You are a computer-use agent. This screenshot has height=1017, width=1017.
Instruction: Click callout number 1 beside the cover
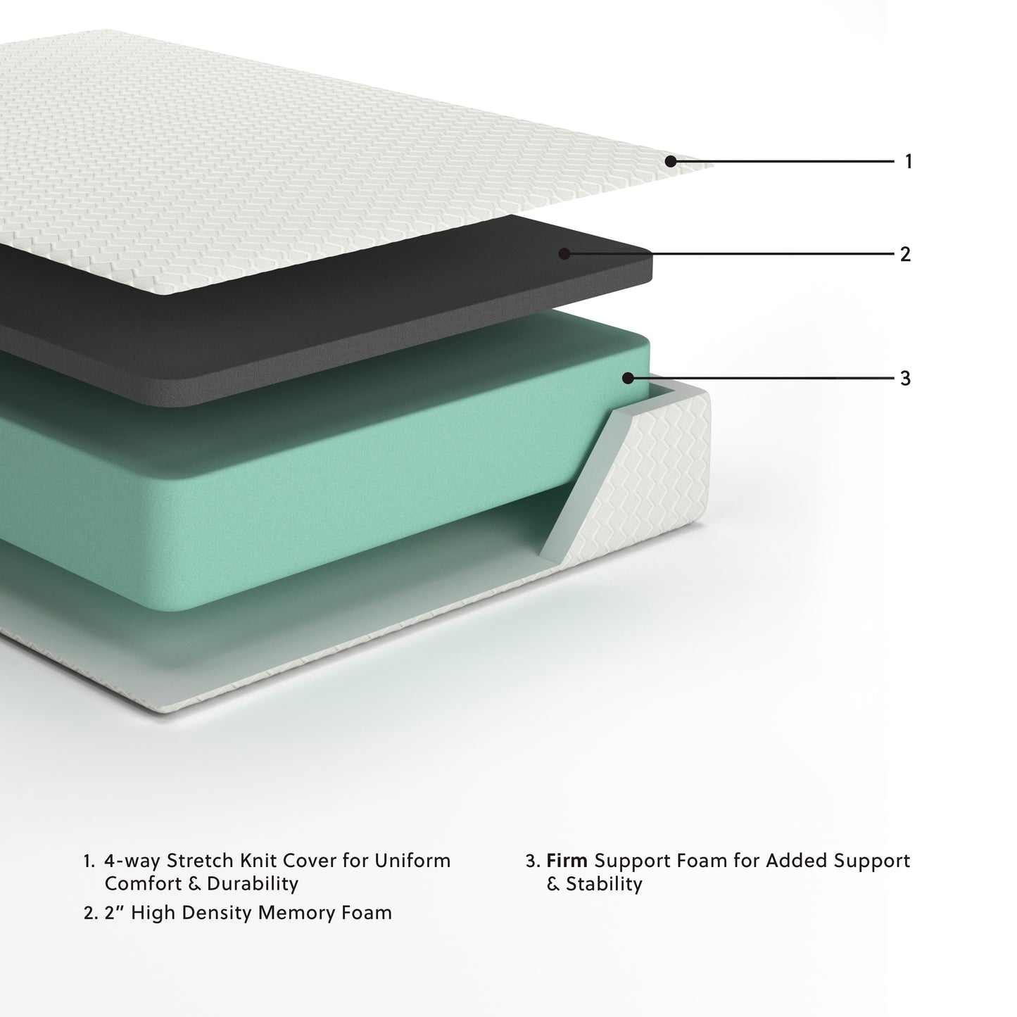click(x=908, y=162)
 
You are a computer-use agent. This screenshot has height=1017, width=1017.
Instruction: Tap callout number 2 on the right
click(x=906, y=254)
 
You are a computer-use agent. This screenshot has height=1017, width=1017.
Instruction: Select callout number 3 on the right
click(x=906, y=379)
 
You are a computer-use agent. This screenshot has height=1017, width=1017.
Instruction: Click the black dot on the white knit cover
click(x=670, y=162)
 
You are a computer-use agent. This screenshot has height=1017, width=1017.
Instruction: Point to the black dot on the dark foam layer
click(x=564, y=253)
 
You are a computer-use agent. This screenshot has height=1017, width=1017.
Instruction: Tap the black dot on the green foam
click(x=628, y=378)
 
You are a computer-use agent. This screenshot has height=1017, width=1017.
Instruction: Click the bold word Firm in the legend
click(x=567, y=860)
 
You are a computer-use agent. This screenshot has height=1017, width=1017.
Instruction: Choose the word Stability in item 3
click(x=604, y=883)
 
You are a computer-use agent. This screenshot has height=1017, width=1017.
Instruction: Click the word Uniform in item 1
click(x=413, y=860)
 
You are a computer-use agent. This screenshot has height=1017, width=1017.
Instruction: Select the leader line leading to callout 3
click(x=767, y=378)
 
